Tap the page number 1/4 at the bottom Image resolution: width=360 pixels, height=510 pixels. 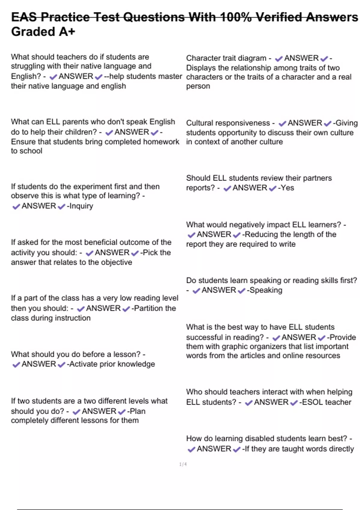[183, 464]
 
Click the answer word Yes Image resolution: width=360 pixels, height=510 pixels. [287, 188]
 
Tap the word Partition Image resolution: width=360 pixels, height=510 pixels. [148, 308]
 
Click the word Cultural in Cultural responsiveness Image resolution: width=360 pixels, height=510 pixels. [200, 123]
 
